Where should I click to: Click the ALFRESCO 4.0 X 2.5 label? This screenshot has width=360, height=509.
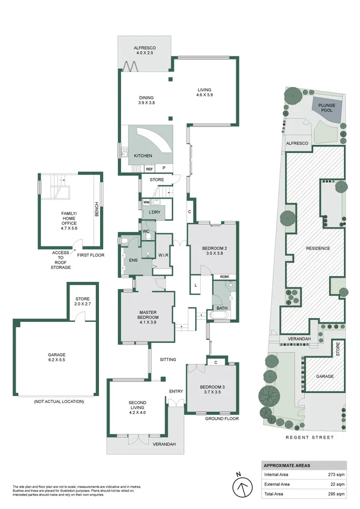pos(145,50)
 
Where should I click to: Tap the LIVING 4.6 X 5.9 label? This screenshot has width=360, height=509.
pos(204,92)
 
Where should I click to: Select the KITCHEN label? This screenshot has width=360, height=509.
pos(143,156)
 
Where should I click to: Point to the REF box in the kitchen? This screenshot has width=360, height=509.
pos(149,169)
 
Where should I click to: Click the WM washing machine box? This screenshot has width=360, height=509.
pos(146,202)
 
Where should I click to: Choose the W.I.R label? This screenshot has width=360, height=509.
pos(163,255)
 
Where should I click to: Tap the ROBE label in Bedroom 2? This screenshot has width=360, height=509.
pos(224,277)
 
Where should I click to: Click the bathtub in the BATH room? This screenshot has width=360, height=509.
pos(220,315)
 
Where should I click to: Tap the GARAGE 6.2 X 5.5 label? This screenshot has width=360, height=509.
pos(57,357)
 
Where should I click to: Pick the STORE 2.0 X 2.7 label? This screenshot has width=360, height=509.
pos(82,301)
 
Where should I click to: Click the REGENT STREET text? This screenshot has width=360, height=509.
pos(309,437)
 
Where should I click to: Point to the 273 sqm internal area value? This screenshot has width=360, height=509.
pos(336,475)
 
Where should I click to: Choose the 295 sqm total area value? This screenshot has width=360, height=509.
pos(336,494)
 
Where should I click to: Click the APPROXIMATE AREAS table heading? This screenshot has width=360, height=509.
pos(287,465)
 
